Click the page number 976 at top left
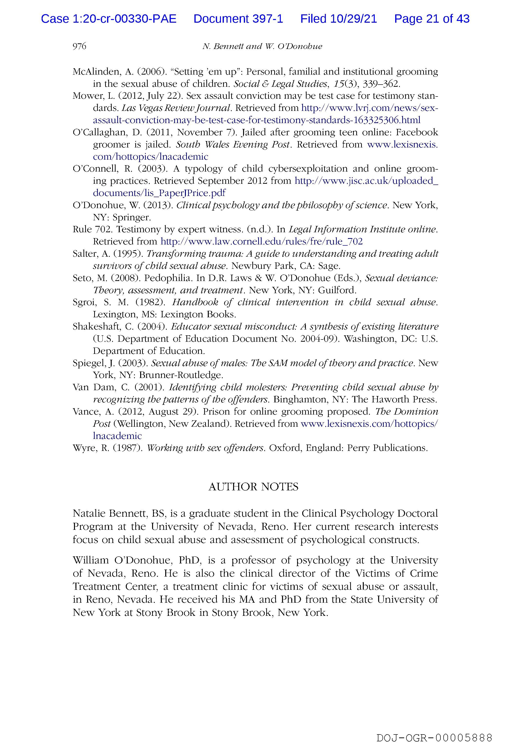point(79,47)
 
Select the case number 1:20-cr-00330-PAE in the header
point(109,19)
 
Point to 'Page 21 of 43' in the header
point(432,19)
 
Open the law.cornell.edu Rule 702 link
point(261,241)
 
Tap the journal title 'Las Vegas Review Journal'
point(176,108)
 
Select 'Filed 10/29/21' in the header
point(338,19)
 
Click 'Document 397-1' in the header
point(238,19)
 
